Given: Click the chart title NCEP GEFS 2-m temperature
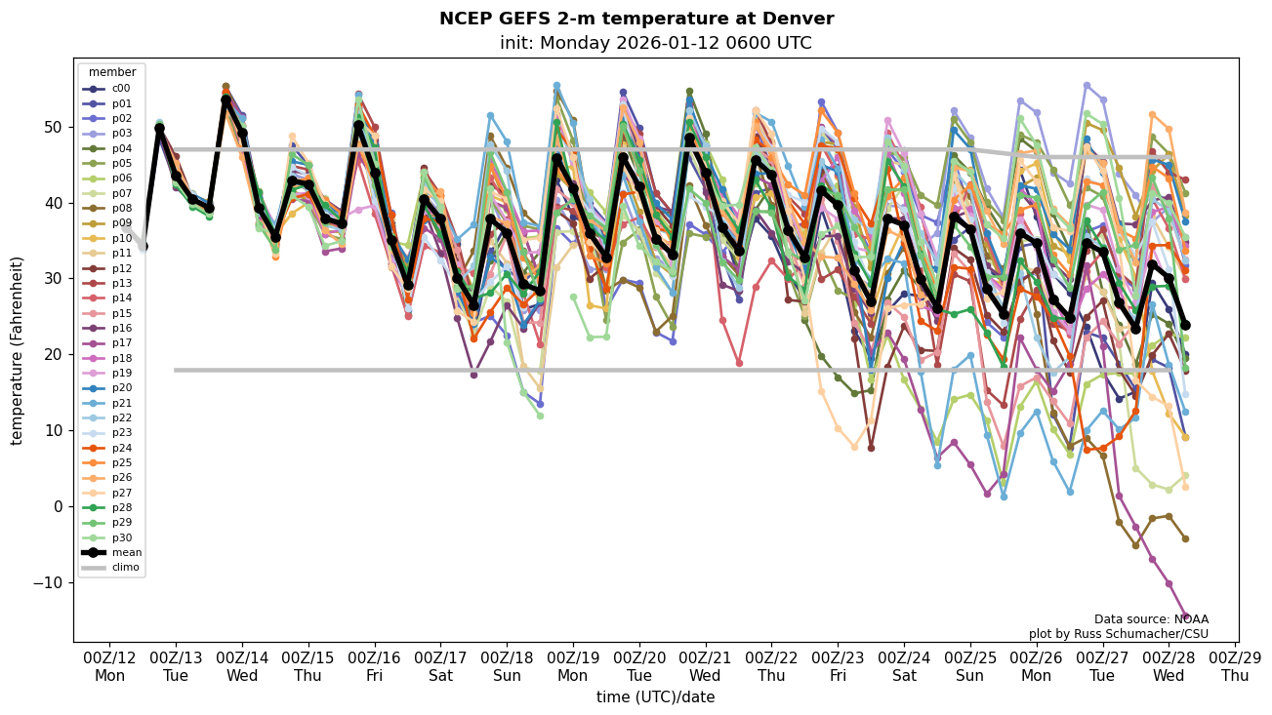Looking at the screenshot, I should pos(636,19).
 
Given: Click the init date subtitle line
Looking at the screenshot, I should pos(655,43).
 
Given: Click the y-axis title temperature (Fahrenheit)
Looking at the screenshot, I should pos(18,350).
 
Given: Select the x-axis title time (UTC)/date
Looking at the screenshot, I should pos(655,697).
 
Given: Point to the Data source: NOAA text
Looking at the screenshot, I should pos(1151,619).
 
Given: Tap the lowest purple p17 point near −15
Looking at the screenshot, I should pos(1185,617).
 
